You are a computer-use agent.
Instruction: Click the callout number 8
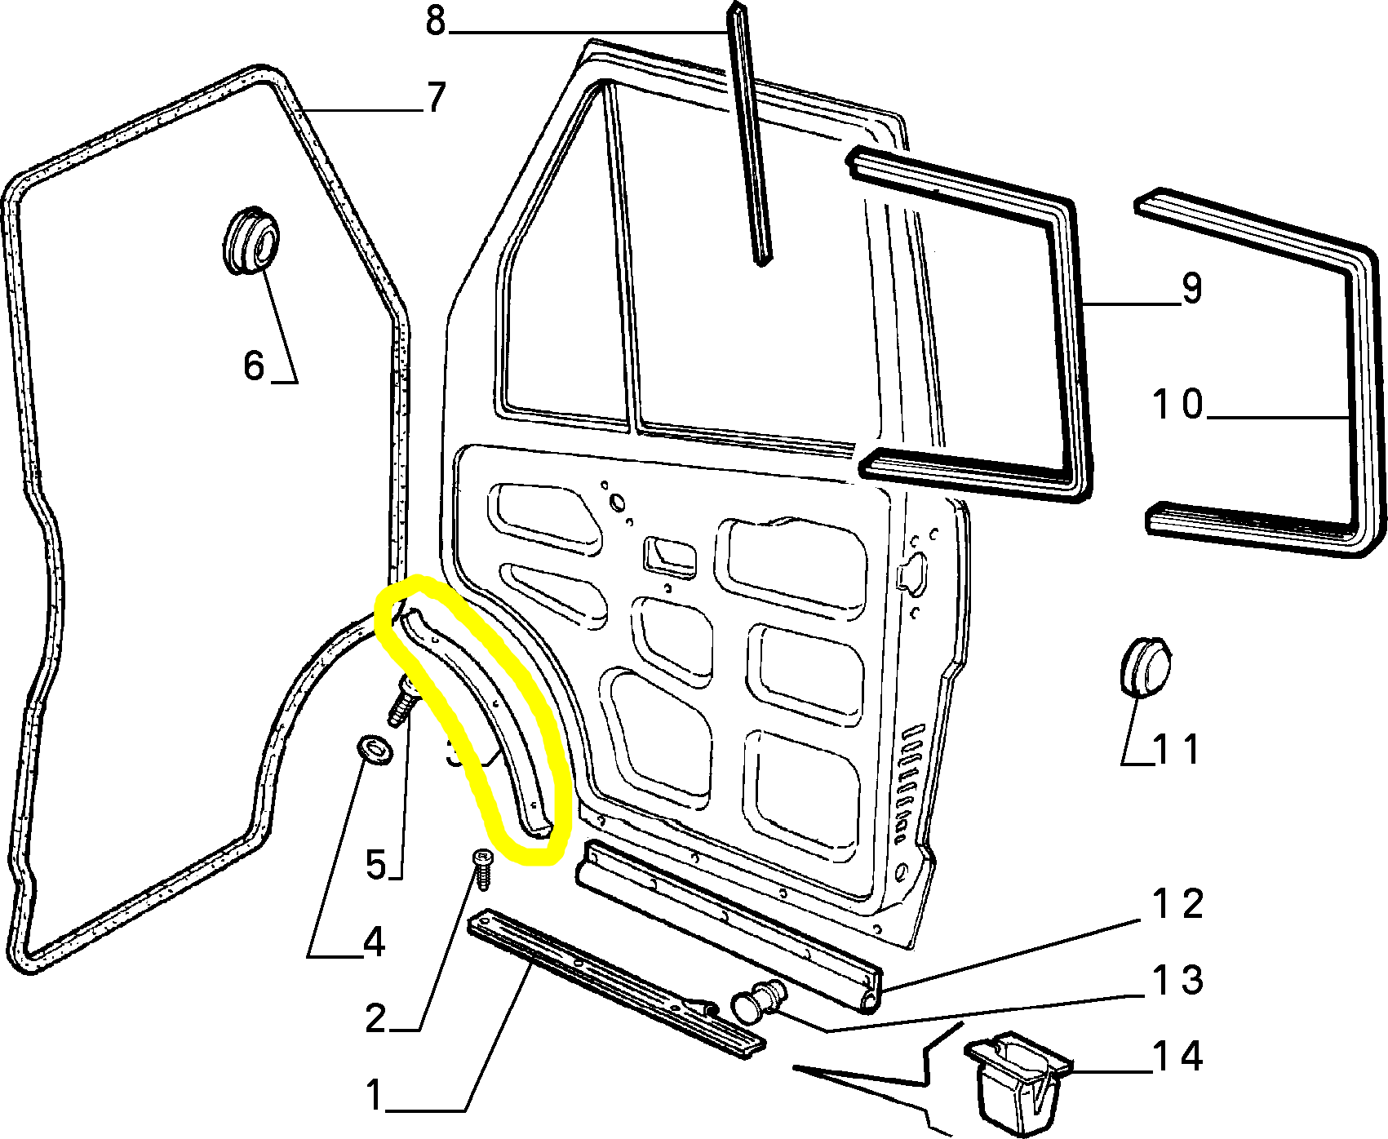point(436,22)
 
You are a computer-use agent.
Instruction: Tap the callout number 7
point(436,98)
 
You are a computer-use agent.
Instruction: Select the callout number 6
point(254,365)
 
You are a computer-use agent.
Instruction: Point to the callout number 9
point(1191,289)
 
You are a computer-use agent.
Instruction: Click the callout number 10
point(1178,404)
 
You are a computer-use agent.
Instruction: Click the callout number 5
point(375,864)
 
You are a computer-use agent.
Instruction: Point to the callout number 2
point(375,1018)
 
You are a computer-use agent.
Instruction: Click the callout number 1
point(374,1095)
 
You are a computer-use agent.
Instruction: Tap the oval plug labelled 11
point(1142,667)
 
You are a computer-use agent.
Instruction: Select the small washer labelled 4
point(375,748)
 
